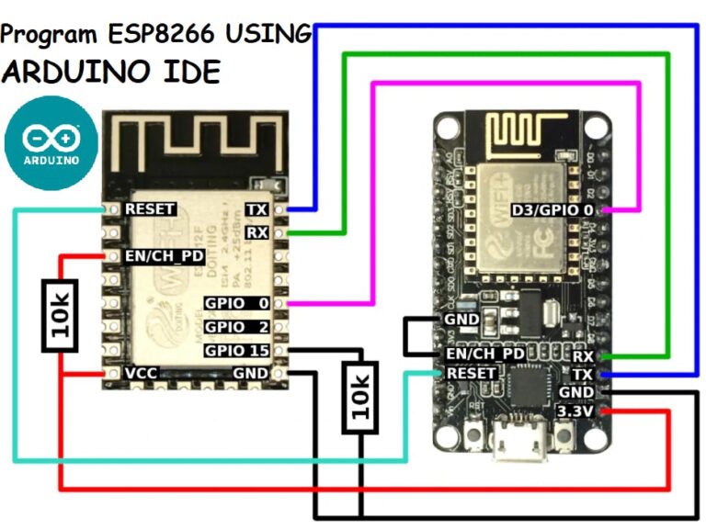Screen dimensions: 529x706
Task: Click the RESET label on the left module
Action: pos(150,208)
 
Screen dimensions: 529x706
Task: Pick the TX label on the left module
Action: pos(258,209)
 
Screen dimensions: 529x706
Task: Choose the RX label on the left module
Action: pos(258,233)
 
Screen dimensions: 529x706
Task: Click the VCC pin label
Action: pos(142,374)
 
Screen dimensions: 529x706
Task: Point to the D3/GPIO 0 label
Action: pos(552,210)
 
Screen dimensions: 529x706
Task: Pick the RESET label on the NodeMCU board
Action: pos(472,374)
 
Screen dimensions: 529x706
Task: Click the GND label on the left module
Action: pos(251,374)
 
